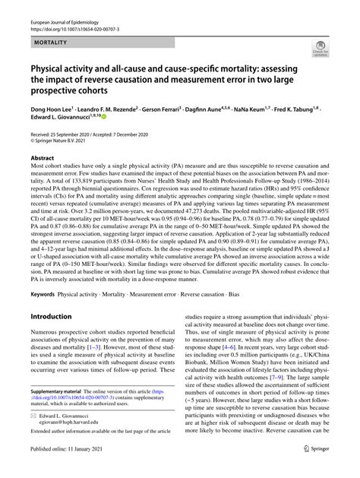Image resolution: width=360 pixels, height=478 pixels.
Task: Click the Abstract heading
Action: click(42, 157)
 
